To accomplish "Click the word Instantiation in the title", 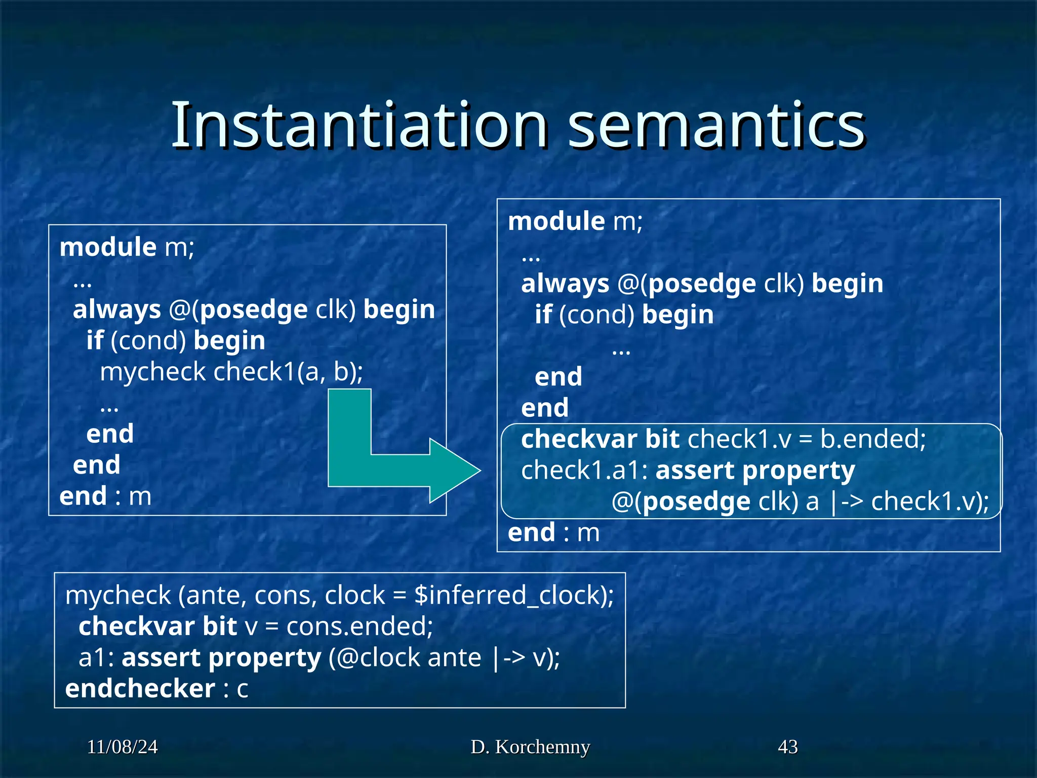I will click(360, 126).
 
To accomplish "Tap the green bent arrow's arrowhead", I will click(453, 471).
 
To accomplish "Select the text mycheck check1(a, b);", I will click(231, 372).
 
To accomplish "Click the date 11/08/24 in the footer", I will click(123, 747).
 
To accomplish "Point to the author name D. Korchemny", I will click(530, 747).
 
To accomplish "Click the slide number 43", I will click(787, 747).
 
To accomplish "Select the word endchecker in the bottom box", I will click(140, 689).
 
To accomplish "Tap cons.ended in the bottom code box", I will click(360, 627).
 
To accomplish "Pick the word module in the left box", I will click(108, 247).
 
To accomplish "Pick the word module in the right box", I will click(556, 221).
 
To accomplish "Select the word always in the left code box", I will click(117, 309).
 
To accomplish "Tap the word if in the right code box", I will click(543, 315).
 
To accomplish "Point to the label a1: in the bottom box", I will click(96, 658).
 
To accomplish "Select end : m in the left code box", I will click(105, 496).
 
